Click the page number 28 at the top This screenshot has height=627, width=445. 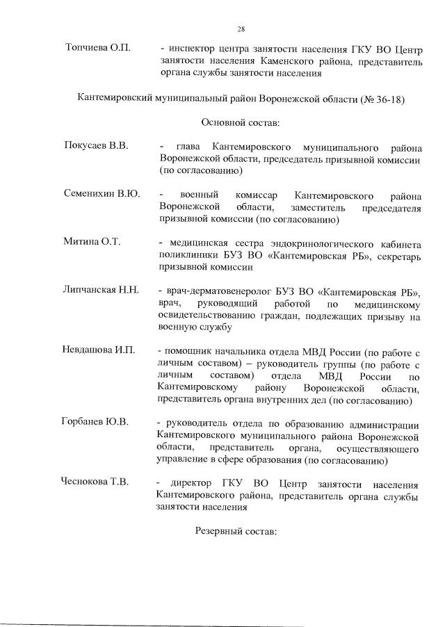[241, 29]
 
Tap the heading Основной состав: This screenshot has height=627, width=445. [241, 122]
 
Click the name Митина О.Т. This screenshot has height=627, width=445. [92, 241]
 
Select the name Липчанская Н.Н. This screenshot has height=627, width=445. [102, 289]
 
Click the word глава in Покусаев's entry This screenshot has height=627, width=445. [189, 148]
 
